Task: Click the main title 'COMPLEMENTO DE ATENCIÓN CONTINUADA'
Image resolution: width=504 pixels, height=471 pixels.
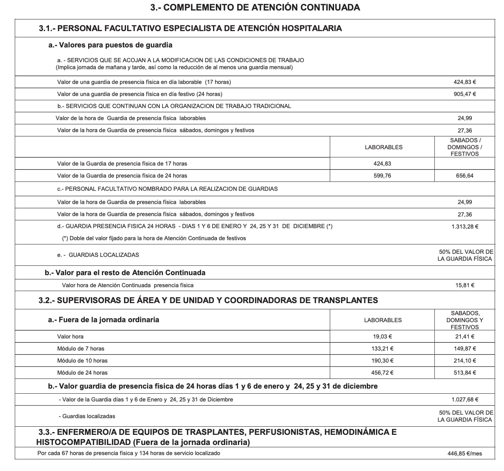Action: point(255,7)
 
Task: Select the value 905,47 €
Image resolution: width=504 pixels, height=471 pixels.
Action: point(465,94)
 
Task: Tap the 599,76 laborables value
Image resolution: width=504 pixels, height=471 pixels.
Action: point(382,176)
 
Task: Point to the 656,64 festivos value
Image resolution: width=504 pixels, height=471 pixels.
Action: point(465,176)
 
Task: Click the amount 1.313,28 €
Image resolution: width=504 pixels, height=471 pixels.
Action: point(465,227)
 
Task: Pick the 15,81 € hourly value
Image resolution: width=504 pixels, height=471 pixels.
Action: point(465,285)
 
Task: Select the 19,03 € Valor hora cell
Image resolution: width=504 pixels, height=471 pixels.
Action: point(382,337)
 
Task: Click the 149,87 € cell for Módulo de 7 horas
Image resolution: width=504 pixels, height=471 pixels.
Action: point(465,349)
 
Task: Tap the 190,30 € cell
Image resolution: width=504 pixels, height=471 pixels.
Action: point(382,361)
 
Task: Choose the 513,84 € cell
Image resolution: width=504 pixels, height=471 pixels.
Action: point(465,373)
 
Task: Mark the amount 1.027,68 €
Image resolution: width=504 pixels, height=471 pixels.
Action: point(465,399)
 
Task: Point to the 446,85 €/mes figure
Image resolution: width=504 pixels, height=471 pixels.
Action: point(465,453)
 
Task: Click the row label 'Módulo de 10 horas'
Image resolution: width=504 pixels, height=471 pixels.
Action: point(82,361)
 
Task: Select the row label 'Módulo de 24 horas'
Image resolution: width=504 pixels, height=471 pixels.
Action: point(82,373)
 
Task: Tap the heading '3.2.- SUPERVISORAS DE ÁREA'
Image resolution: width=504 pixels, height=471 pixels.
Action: point(208,300)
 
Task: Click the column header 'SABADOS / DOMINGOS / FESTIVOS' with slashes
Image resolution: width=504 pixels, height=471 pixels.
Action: point(465,147)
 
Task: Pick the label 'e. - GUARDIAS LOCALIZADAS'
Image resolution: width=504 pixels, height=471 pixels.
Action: point(98,255)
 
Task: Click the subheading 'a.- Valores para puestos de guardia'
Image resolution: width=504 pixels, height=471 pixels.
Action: point(110,45)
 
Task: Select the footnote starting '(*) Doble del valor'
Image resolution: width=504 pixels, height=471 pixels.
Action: point(154,238)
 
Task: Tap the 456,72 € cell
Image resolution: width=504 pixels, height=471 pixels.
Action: point(382,373)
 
